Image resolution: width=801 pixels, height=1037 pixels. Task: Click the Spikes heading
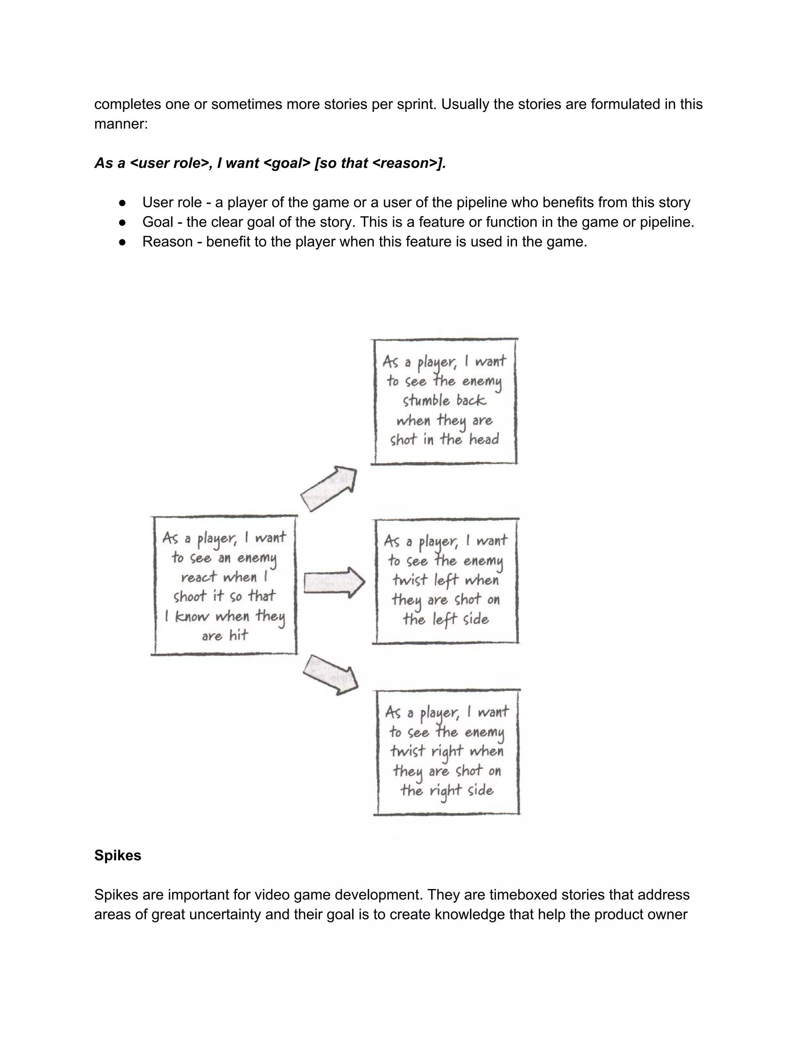click(118, 855)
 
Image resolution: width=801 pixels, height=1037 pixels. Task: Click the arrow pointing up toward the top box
click(329, 489)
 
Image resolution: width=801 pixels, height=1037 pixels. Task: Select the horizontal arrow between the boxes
click(334, 582)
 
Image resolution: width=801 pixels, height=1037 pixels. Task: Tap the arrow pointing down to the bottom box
click(331, 675)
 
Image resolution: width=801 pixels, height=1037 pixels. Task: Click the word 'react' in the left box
click(198, 577)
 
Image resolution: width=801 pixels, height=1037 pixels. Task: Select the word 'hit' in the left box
click(239, 635)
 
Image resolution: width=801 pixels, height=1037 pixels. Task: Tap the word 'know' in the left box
click(192, 616)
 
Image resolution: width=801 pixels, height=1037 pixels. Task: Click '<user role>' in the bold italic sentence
click(169, 163)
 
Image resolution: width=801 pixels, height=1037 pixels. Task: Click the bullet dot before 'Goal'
click(122, 222)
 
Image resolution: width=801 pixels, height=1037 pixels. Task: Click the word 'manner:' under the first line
click(121, 124)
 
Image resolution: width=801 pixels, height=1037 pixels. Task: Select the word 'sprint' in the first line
click(413, 104)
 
